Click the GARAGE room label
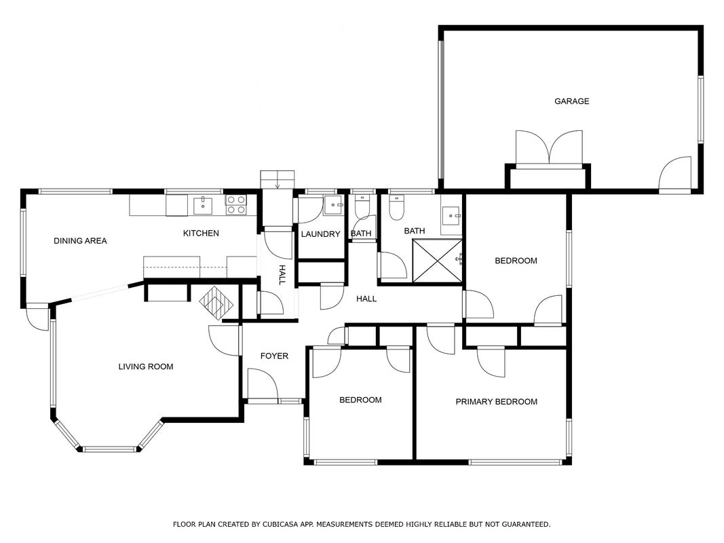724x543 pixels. (571, 101)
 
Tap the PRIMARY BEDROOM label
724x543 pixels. (497, 402)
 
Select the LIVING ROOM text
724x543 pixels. (146, 367)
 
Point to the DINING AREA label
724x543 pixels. (80, 240)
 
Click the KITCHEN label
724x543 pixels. (201, 233)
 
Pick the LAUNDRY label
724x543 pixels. (320, 234)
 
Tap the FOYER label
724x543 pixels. (274, 356)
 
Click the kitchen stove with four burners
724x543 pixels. (236, 204)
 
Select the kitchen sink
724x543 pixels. (203, 206)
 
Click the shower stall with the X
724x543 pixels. (437, 260)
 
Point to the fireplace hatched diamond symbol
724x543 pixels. (216, 303)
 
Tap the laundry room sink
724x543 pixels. (333, 205)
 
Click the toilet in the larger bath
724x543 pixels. (397, 207)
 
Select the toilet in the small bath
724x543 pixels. (362, 207)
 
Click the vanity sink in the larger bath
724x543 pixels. (451, 215)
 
